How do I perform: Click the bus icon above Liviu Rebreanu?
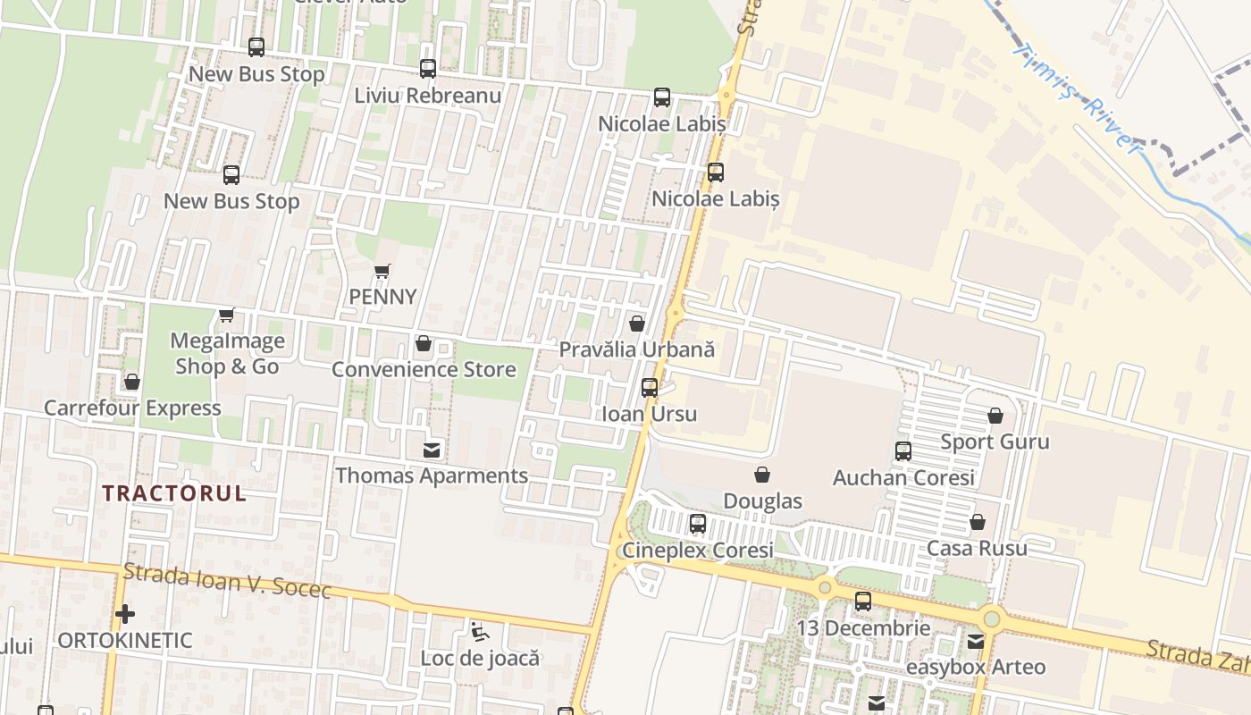click(x=428, y=69)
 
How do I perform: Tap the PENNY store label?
click(x=382, y=297)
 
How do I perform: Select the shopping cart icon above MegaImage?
click(x=226, y=315)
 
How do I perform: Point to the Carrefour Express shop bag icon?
click(x=132, y=383)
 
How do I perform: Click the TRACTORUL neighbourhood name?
click(x=174, y=493)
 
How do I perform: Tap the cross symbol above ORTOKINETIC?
click(x=125, y=614)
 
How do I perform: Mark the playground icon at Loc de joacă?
click(x=480, y=634)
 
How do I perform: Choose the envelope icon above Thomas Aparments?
click(x=432, y=450)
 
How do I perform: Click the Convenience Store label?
click(x=424, y=369)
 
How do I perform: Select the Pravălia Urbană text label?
click(x=636, y=349)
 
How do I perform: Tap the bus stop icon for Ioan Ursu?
click(x=650, y=388)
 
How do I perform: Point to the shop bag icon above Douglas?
click(x=762, y=475)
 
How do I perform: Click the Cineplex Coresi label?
click(x=698, y=550)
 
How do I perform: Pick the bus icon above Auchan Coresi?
click(x=903, y=451)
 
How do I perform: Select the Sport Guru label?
click(x=995, y=442)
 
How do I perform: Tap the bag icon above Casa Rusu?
click(x=978, y=522)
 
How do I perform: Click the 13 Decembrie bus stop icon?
click(x=862, y=601)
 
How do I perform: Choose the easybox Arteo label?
click(x=976, y=667)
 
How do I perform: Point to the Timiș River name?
click(x=1077, y=98)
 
